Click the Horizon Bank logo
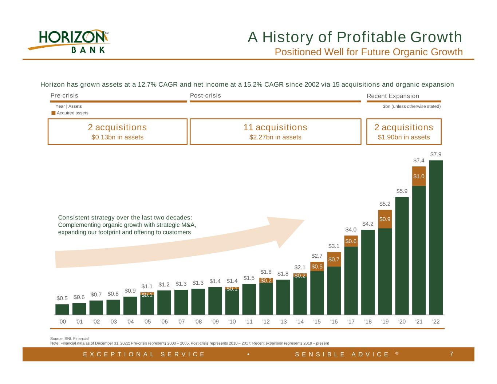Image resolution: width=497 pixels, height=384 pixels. coord(68,41)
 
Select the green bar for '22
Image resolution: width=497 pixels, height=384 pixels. coord(436,237)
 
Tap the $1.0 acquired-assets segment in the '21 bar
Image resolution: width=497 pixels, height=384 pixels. coord(419,176)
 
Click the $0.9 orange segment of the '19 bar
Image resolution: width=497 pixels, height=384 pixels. coord(385,219)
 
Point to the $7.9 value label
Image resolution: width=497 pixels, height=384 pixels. coord(436,154)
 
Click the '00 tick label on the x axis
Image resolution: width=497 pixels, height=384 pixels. coord(62,322)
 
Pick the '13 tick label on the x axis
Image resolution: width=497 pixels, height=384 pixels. coord(283,322)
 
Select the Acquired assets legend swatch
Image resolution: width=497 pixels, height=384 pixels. coord(54,113)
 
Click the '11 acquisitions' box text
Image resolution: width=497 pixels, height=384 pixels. coord(275,127)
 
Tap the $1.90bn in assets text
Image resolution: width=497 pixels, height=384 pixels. coord(404,137)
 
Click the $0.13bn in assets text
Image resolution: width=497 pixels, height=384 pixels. coord(117,137)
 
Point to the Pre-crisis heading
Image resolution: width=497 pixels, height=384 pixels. coord(64,95)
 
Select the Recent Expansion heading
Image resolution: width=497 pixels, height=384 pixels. coord(393,96)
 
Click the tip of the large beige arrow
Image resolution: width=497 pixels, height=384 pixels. coord(304,220)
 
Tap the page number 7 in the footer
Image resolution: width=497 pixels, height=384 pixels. coord(451,354)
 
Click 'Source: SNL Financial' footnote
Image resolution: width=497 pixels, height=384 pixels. coord(69,339)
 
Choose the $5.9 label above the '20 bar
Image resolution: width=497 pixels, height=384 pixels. coord(402,191)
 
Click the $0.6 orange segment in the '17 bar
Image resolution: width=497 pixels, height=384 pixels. coord(351,241)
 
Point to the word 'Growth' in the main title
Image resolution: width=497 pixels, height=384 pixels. coord(436,37)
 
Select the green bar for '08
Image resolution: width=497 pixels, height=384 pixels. coord(198,302)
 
